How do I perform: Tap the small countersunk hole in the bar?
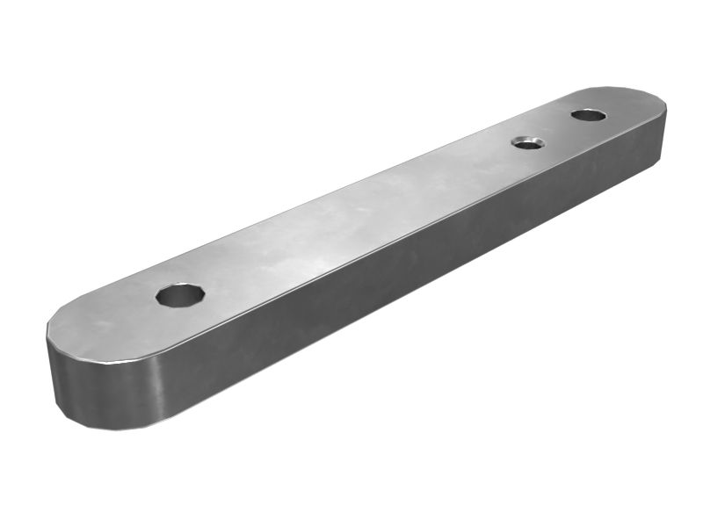[527, 142]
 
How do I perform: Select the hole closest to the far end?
[588, 115]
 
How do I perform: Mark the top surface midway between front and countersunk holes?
[351, 220]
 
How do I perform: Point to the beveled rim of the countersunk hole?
[527, 137]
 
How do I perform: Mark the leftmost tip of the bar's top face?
[47, 332]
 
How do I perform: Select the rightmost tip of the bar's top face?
[665, 104]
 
